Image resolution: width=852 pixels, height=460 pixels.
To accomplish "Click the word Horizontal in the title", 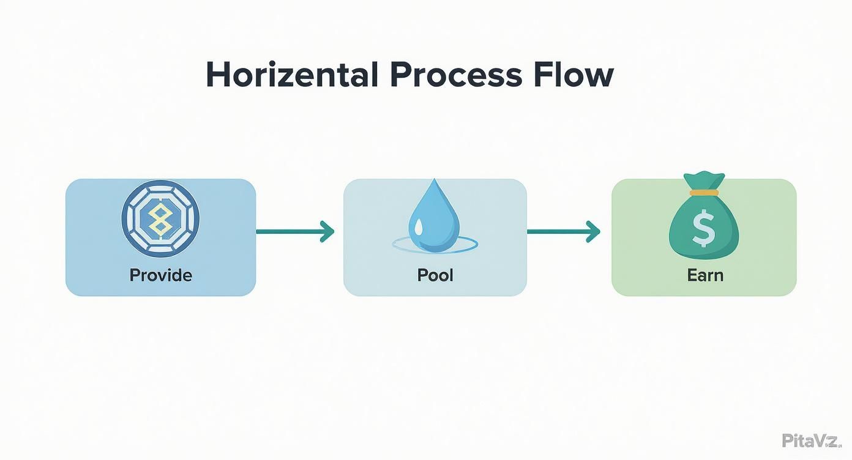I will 291,75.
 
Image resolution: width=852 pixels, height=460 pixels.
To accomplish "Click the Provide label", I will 161,275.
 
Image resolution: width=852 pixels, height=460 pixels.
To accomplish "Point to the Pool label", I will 435,275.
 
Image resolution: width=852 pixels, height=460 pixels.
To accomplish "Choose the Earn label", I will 705,275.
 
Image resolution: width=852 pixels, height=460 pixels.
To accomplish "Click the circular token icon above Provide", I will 160,218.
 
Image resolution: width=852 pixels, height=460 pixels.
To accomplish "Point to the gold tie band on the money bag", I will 704,193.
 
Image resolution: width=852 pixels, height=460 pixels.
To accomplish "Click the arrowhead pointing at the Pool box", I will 328,232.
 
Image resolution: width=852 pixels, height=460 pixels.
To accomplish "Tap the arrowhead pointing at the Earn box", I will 593,232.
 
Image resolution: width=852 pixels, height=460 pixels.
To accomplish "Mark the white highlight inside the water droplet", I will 418,228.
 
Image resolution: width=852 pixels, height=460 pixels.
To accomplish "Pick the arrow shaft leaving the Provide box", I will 288,232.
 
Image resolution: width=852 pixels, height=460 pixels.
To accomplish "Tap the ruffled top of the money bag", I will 704,181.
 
